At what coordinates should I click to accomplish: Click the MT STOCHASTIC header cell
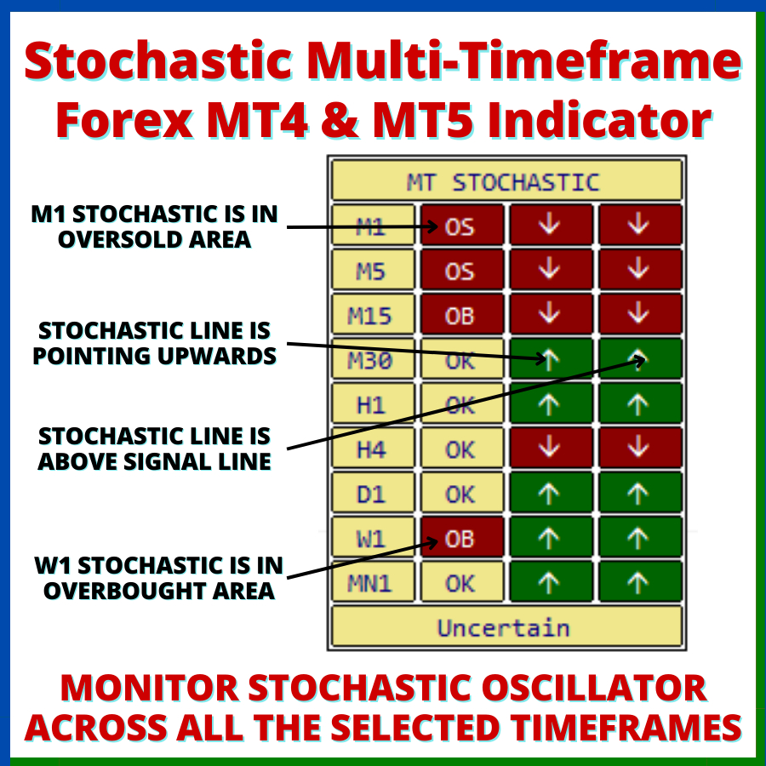pos(506,181)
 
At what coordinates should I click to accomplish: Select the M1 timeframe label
pos(372,226)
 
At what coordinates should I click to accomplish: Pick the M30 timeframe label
pos(372,361)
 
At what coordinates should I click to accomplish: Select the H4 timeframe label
pos(372,449)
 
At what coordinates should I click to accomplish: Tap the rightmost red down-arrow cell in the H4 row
pos(640,449)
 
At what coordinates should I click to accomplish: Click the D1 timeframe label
pos(372,494)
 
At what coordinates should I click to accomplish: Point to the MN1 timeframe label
pos(372,583)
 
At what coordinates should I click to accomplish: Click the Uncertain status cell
pos(506,627)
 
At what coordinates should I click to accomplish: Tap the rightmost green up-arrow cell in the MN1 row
pos(640,583)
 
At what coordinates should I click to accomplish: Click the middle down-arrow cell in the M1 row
pos(551,226)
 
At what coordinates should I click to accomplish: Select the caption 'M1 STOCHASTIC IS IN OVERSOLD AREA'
pos(154,226)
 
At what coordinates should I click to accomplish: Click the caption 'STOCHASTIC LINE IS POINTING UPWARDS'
pos(154,343)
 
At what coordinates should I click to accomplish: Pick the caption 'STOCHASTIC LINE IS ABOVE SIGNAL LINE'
pos(154,449)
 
